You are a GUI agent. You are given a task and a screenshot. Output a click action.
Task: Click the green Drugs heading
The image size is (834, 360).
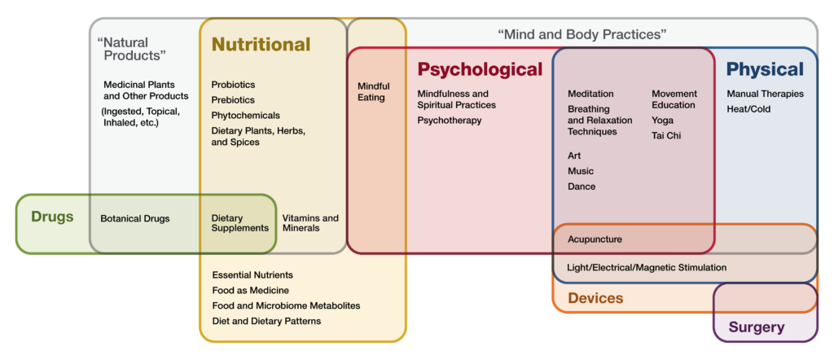52,217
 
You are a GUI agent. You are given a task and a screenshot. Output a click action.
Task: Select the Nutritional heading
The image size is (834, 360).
261,44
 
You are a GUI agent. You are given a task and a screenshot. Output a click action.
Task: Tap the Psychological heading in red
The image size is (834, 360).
480,69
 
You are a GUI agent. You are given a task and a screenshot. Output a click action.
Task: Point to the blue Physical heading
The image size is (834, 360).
765,69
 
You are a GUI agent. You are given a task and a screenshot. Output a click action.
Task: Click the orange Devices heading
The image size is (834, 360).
595,298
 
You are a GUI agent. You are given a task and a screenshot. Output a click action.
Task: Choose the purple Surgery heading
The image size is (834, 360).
757,327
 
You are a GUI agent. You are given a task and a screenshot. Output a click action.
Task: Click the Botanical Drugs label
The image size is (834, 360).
135,218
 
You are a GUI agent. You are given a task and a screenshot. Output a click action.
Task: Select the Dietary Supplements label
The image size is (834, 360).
239,223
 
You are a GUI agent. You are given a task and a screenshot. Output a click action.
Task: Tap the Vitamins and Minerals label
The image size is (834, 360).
310,223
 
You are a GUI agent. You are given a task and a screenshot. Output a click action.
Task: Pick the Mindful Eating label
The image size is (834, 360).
374,92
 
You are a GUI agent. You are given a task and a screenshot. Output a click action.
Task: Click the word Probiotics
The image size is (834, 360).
233,85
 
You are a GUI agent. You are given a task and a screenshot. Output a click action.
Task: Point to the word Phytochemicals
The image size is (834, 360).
245,116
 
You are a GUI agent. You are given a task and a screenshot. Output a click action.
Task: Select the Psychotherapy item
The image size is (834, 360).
450,121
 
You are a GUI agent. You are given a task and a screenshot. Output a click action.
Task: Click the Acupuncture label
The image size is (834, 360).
595,239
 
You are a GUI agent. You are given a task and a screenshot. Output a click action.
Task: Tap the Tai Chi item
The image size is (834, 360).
666,135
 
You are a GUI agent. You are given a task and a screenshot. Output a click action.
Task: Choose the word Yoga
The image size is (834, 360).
662,121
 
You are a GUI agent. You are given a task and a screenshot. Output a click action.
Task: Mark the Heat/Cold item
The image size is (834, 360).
748,109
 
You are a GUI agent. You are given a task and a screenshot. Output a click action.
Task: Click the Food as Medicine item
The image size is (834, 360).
250,290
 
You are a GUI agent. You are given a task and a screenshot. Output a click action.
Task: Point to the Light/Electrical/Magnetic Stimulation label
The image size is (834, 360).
647,267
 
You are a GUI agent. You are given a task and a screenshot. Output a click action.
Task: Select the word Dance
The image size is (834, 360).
582,187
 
